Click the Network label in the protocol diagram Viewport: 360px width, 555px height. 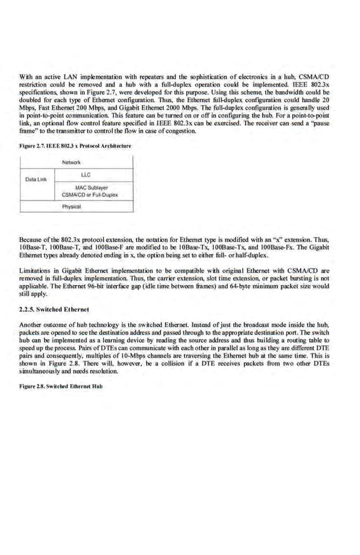pyautogui.click(x=71, y=161)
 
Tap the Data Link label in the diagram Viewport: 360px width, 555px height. pyautogui.click(x=36, y=180)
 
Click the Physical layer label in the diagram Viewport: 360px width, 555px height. pyautogui.click(x=72, y=207)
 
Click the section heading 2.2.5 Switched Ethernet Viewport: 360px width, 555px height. pyautogui.click(x=54, y=309)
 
